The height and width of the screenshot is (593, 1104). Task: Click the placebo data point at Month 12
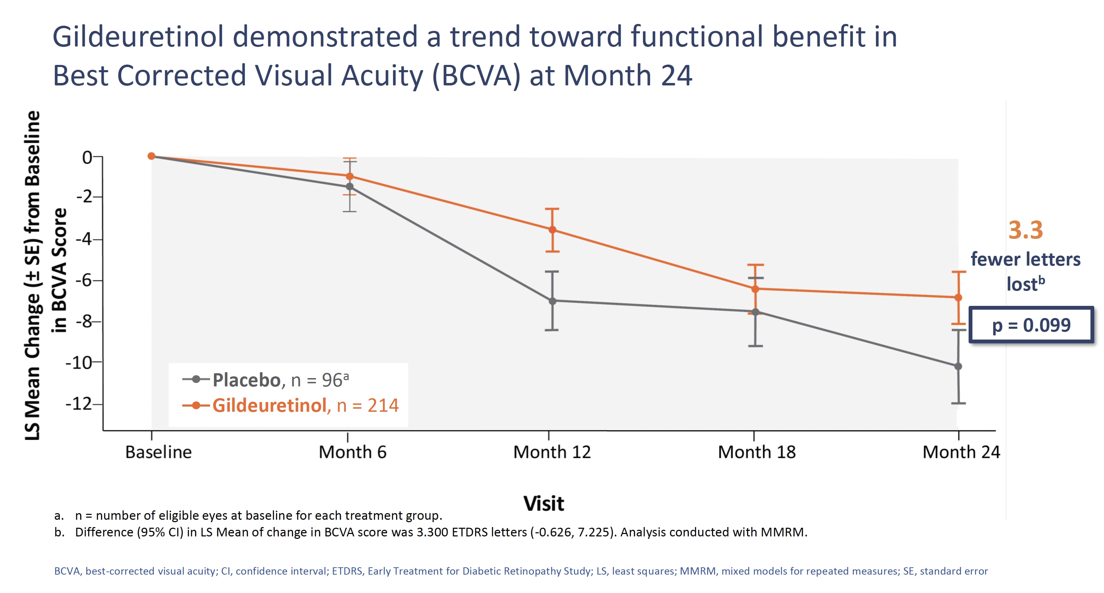coord(552,301)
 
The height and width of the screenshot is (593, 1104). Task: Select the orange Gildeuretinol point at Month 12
coord(552,229)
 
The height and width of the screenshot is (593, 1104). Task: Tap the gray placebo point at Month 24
coord(958,366)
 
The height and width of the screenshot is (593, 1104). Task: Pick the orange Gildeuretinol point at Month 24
coord(958,297)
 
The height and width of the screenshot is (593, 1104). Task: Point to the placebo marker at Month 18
coord(755,312)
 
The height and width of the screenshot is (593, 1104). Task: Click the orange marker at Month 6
coord(350,176)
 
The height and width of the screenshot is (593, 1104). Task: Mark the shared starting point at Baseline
coord(151,156)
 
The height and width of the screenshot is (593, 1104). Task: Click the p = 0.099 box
coord(1031,325)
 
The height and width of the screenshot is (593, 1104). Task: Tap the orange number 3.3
coord(1025,230)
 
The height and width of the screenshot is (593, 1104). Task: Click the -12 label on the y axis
coord(79,404)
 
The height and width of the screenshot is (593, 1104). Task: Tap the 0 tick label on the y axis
coord(87,157)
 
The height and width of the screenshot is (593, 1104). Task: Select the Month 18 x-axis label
coord(756,452)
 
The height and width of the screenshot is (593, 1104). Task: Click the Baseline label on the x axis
coord(158,452)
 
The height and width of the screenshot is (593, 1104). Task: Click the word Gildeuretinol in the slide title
coord(138,37)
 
